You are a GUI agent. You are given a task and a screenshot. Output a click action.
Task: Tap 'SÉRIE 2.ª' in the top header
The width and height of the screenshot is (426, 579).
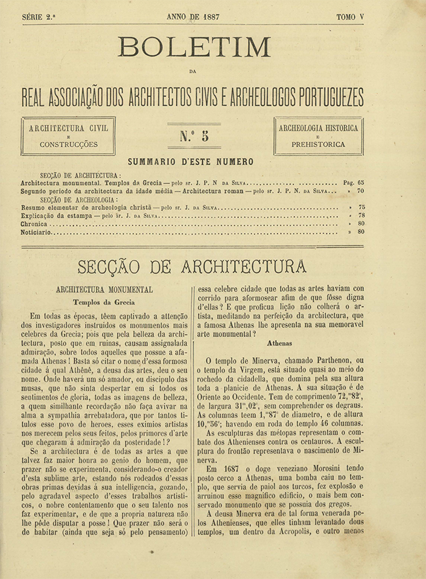(x=39, y=17)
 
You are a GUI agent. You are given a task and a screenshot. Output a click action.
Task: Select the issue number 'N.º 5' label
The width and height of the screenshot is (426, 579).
(x=194, y=136)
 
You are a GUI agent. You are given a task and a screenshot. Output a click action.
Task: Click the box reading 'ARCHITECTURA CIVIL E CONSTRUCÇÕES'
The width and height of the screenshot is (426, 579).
(x=68, y=136)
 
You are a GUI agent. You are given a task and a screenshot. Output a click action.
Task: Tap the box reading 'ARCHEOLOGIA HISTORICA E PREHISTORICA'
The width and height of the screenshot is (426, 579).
(x=318, y=136)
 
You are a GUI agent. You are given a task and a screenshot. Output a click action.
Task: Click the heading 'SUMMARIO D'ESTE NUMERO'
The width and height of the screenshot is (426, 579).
(x=191, y=162)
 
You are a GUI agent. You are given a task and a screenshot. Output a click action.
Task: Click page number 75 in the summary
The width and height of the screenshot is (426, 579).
(x=360, y=207)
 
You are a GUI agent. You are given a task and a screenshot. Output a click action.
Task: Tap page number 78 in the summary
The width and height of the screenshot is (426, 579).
(x=360, y=215)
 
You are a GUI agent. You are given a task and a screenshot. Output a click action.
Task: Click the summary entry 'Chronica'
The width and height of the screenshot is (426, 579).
(x=34, y=223)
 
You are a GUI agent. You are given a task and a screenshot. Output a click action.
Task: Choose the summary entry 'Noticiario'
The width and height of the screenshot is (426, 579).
(x=36, y=232)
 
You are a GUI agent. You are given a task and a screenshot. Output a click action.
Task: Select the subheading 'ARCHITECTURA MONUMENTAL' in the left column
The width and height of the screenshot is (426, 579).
(x=104, y=289)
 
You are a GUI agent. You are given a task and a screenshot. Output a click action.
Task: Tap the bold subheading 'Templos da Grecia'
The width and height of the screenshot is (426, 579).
(x=104, y=302)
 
